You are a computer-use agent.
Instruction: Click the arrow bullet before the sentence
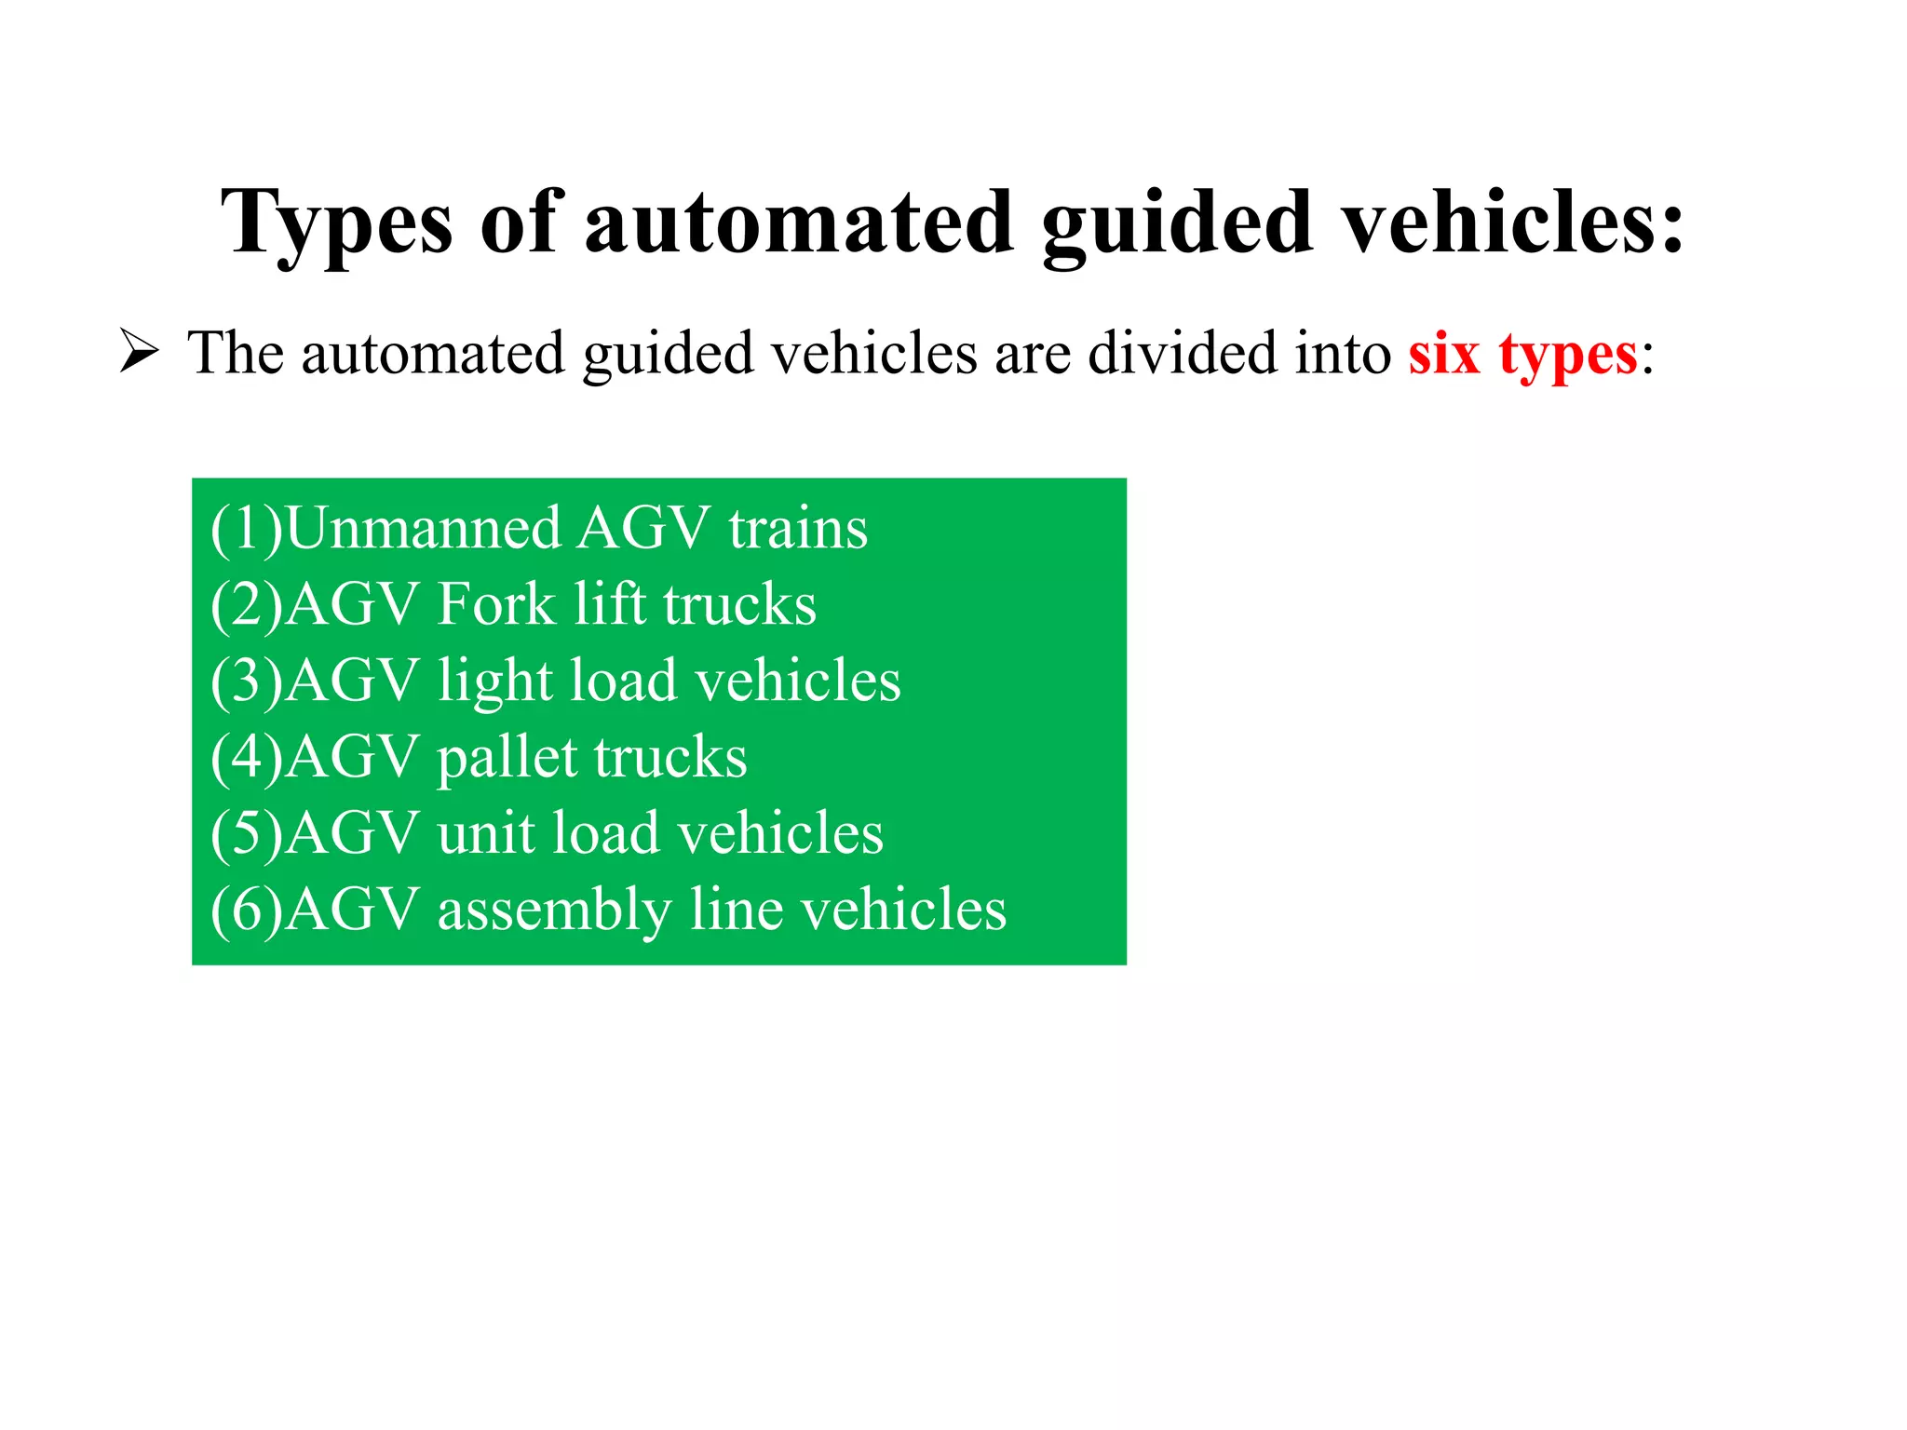[x=140, y=354]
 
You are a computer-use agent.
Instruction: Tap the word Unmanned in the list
[x=423, y=528]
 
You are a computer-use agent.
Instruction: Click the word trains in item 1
[x=798, y=528]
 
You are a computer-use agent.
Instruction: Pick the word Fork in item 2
[x=495, y=604]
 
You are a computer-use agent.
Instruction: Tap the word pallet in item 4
[x=507, y=757]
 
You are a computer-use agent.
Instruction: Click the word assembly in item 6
[x=554, y=911]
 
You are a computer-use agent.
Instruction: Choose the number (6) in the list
[x=247, y=910]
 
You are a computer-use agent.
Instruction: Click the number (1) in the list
[x=247, y=528]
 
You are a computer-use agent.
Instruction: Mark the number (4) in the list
[x=247, y=757]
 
